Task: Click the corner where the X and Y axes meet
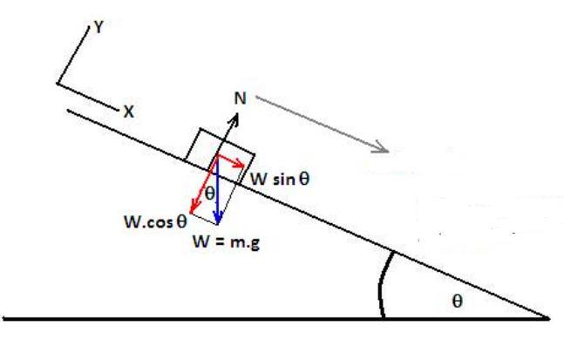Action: pyautogui.click(x=58, y=84)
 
